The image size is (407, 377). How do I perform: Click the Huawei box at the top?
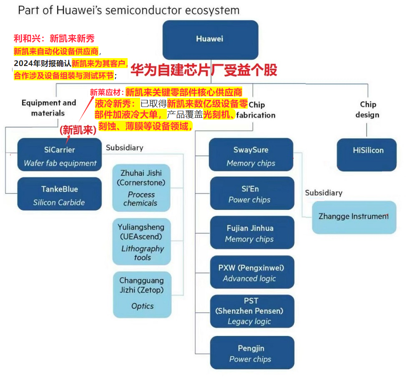(x=210, y=39)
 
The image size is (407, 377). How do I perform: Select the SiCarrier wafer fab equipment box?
(x=60, y=155)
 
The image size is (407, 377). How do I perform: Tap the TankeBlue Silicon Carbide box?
(x=59, y=194)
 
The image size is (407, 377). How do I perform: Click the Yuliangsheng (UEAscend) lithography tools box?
(x=142, y=242)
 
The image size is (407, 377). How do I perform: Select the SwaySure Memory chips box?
(x=251, y=155)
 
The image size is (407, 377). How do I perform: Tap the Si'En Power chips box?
(x=251, y=194)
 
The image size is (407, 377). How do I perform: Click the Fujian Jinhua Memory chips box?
(x=251, y=233)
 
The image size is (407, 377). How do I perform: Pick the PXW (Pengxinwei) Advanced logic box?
(x=251, y=273)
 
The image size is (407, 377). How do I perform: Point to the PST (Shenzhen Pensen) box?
(x=251, y=311)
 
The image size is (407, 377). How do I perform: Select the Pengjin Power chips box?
(x=251, y=353)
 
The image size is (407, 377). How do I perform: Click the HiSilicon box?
(x=367, y=155)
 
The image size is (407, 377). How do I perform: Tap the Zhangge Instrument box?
(x=354, y=217)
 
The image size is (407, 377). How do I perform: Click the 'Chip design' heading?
(x=368, y=109)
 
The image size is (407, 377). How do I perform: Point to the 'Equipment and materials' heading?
(x=48, y=107)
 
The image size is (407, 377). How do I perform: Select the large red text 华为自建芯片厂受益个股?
(x=203, y=70)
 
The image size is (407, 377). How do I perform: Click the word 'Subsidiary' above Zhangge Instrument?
(x=324, y=193)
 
